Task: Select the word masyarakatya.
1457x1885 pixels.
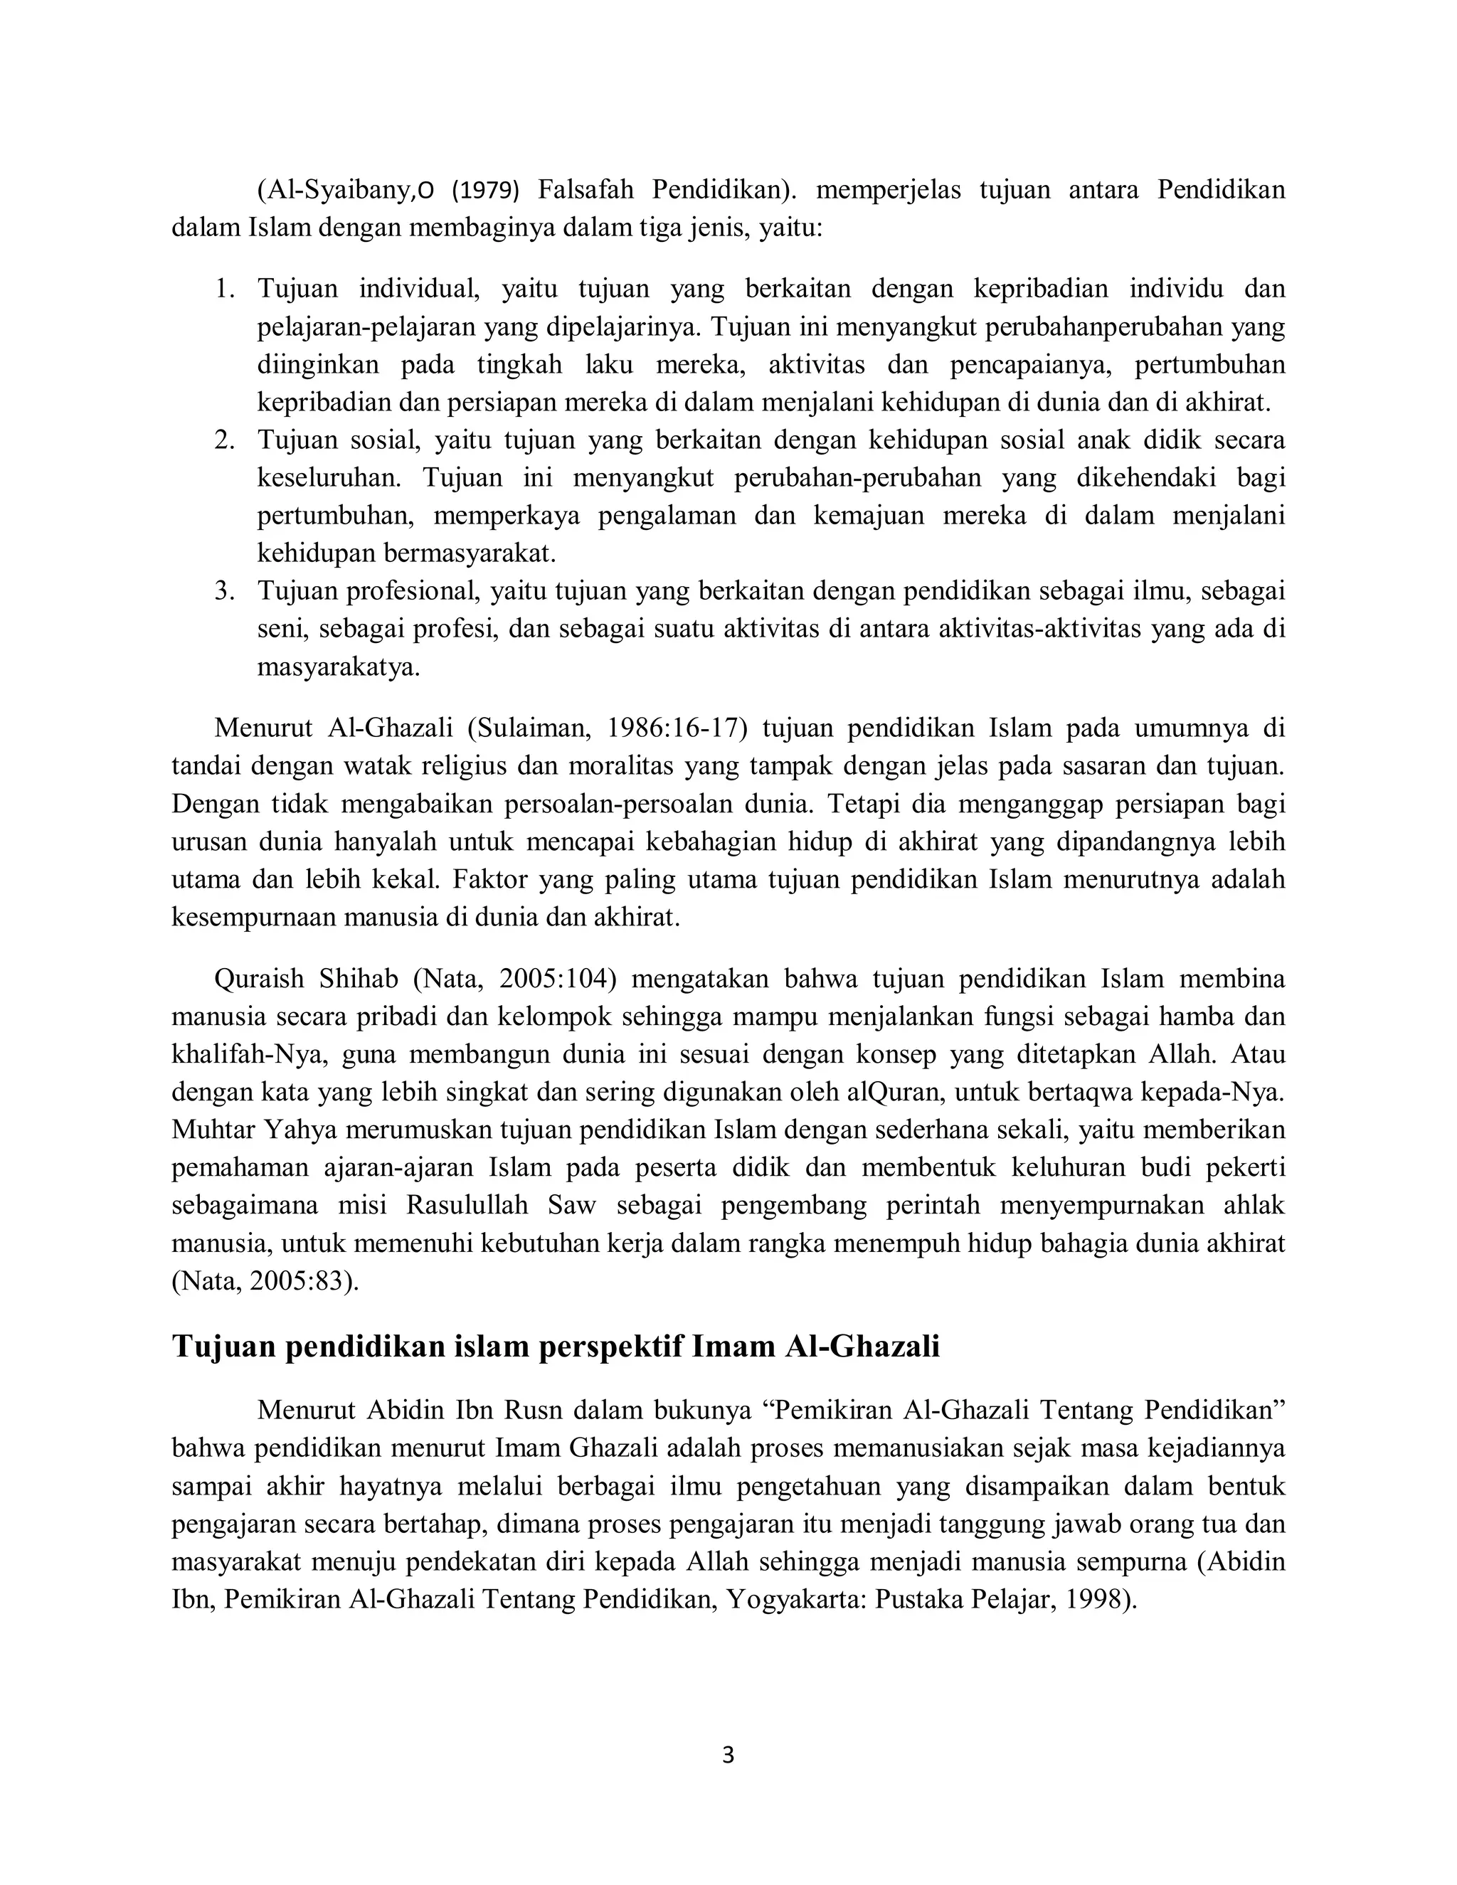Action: [x=339, y=667]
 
